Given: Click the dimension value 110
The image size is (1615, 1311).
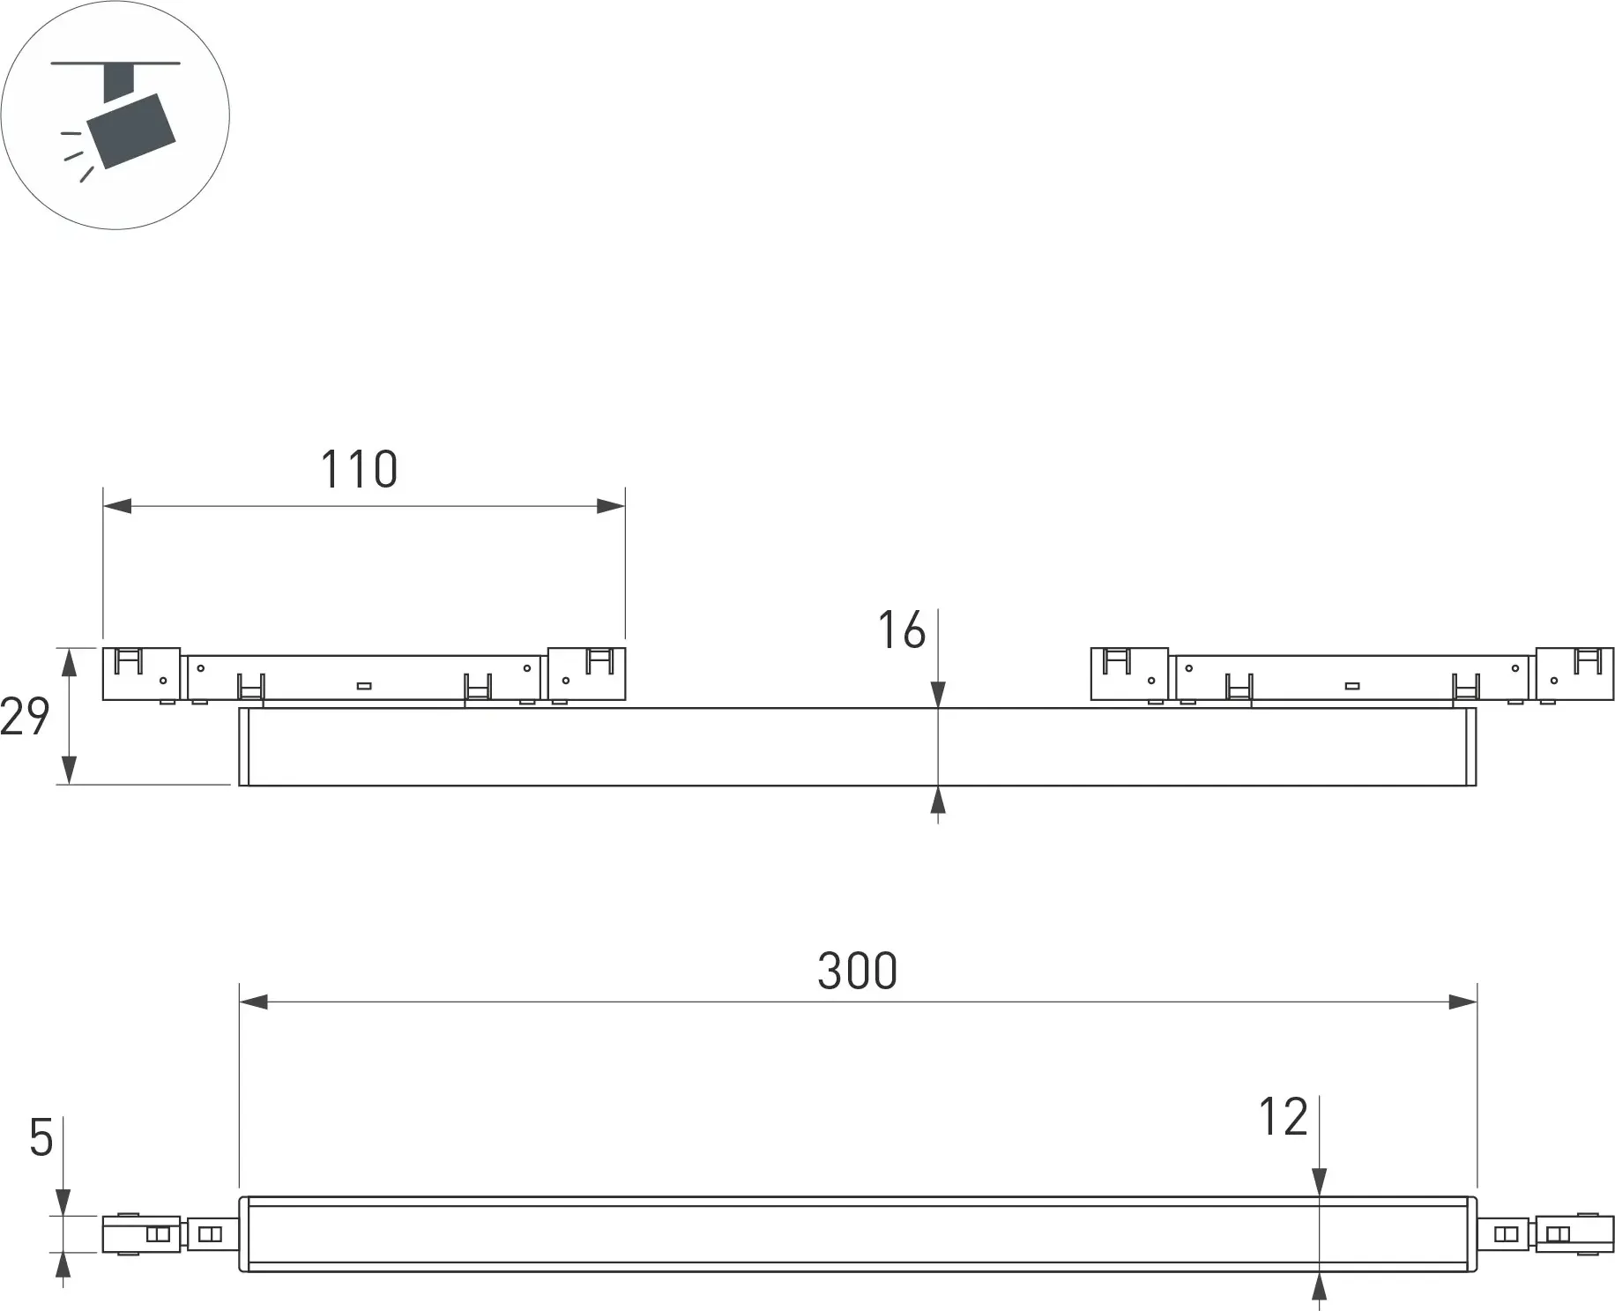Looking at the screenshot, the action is pos(359,469).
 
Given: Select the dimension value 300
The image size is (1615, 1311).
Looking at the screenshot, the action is pos(857,971).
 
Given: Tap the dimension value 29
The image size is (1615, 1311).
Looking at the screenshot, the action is pos(25,716).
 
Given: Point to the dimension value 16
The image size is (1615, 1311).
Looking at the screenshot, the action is pos(902,630).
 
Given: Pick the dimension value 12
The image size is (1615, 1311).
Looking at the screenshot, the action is pos(1283,1117).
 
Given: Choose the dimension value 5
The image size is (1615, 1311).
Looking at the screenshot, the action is pos(41,1138).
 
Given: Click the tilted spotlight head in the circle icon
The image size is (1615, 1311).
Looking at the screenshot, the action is pos(131,130).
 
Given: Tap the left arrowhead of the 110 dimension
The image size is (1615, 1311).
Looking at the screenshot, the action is pos(117,506).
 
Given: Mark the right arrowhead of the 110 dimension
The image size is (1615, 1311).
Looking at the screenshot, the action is pos(611,506).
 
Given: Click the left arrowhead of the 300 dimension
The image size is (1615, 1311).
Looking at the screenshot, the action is pos(254,1002).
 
